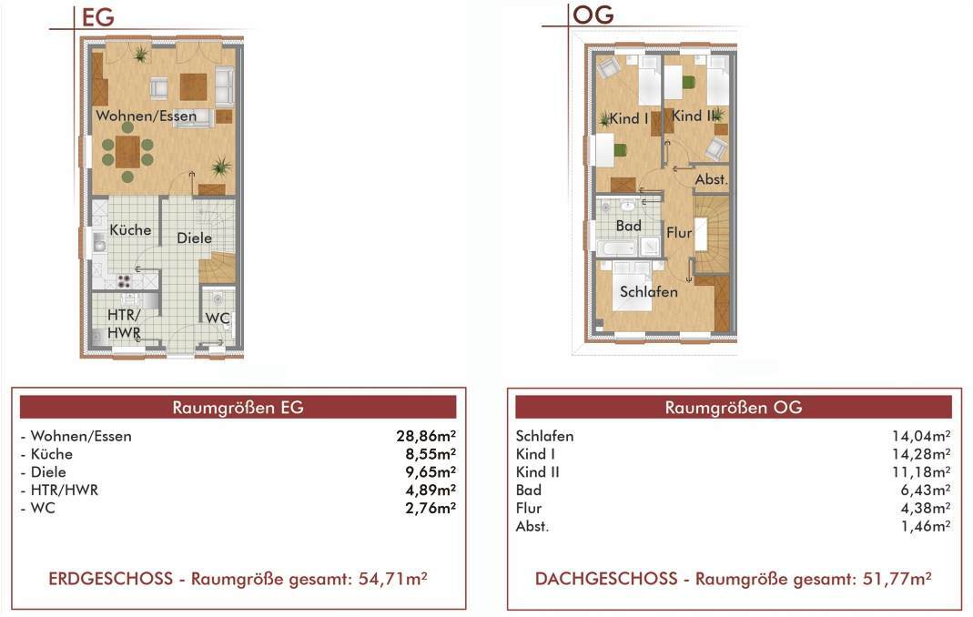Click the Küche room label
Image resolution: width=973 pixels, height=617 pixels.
tap(130, 230)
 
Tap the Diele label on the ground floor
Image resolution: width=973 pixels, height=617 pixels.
tap(194, 238)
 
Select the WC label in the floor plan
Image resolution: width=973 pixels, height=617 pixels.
tap(218, 318)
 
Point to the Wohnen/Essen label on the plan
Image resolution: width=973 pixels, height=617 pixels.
tap(146, 116)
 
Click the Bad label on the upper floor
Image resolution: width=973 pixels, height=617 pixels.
tap(629, 226)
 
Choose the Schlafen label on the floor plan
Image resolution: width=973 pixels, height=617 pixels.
tap(648, 292)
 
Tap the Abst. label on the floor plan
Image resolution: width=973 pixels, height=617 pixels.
tap(711, 180)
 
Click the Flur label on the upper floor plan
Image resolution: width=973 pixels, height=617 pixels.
tap(679, 233)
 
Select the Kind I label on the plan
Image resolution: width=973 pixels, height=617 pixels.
tap(629, 118)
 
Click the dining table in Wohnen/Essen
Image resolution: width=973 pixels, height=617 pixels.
tap(127, 151)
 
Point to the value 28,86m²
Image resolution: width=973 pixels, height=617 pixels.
tap(426, 436)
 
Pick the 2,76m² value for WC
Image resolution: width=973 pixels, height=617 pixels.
tap(431, 508)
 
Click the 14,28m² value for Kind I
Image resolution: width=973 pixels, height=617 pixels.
tap(921, 454)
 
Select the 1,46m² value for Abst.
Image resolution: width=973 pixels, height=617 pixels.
tap(926, 526)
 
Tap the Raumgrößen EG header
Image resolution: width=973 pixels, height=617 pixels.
tap(238, 407)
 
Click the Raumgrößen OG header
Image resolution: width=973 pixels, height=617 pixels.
tap(734, 407)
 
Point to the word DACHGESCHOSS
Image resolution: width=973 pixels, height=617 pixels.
tap(606, 579)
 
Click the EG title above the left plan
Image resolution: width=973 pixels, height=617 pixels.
tap(98, 16)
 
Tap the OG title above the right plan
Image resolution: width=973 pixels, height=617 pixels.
tap(593, 15)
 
